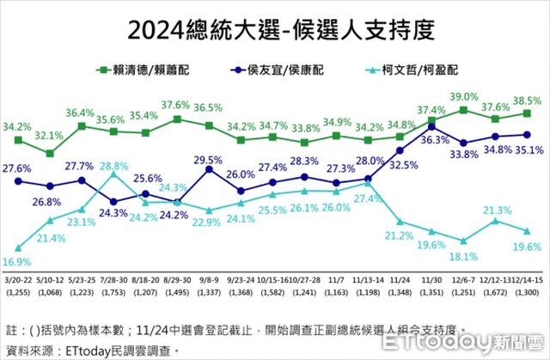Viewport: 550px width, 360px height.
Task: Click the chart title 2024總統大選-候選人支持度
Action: (274, 31)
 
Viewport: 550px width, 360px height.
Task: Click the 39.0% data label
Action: (464, 96)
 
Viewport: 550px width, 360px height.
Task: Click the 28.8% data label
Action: (113, 167)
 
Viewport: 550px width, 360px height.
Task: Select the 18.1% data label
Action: (464, 255)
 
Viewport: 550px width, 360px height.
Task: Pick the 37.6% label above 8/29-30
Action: (177, 106)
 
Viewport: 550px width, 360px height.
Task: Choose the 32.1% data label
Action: (51, 135)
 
